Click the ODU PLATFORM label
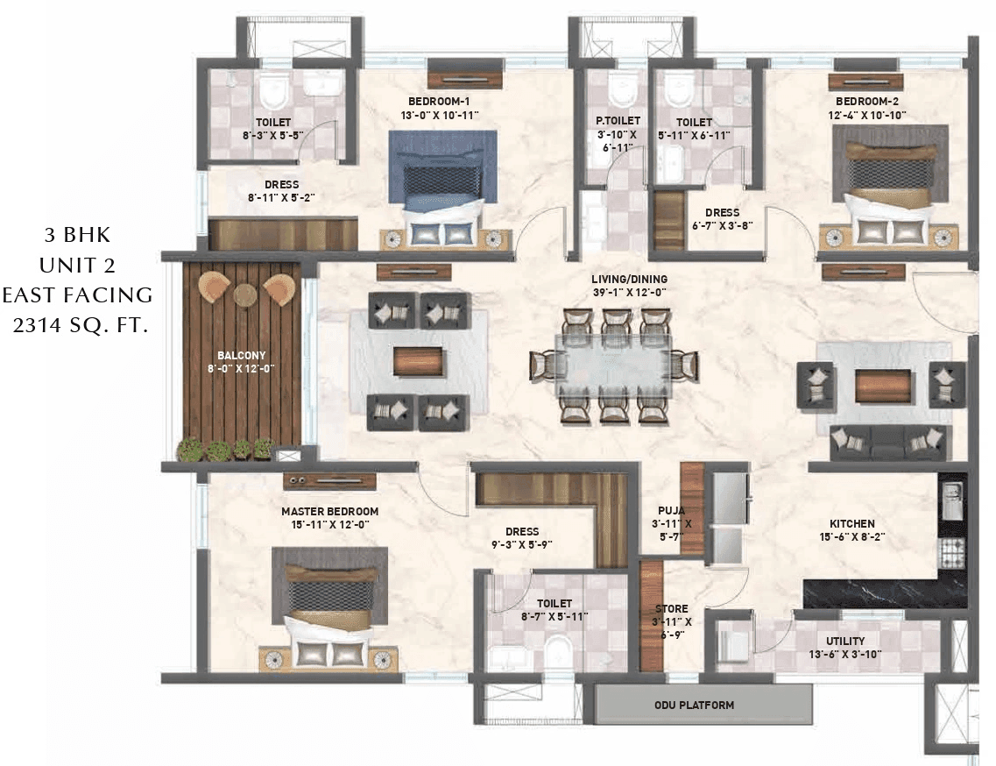click(694, 705)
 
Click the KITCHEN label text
click(846, 523)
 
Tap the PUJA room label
click(672, 510)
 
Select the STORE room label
click(672, 608)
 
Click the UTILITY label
click(844, 641)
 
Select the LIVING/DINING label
click(629, 280)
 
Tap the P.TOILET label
click(618, 120)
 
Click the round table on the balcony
click(245, 295)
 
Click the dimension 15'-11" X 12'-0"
click(329, 525)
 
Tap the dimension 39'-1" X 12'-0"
click(629, 293)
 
